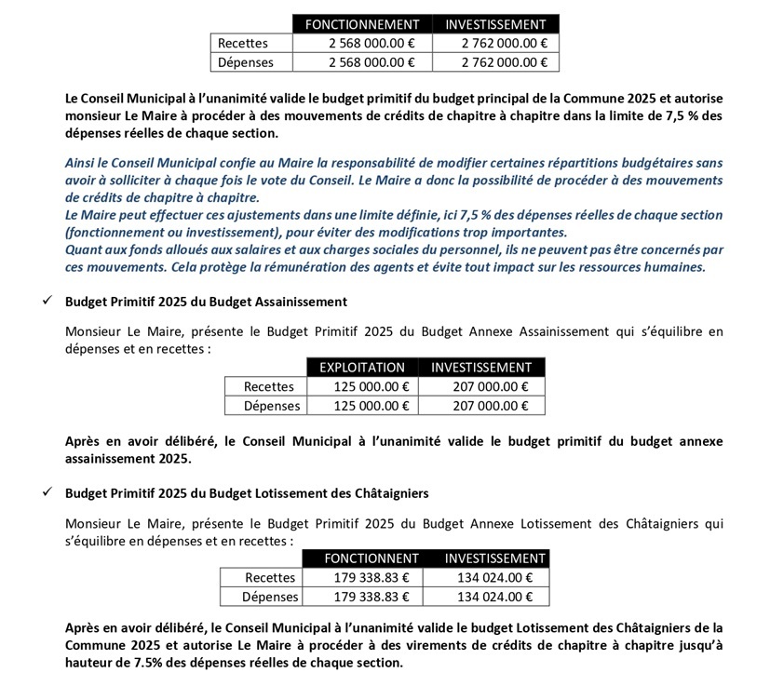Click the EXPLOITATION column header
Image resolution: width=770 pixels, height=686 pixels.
(x=362, y=368)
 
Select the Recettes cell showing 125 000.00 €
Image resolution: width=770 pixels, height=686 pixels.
(x=362, y=386)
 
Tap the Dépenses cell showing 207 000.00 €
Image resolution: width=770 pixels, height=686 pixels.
(x=481, y=406)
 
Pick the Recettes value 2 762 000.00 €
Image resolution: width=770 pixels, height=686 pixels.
(x=502, y=43)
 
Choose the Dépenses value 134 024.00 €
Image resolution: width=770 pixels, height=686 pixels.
(x=494, y=597)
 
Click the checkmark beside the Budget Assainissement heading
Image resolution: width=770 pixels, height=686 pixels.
(x=47, y=302)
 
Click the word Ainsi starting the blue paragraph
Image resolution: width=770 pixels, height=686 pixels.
(x=82, y=163)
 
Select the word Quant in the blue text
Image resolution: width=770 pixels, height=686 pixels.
(x=84, y=250)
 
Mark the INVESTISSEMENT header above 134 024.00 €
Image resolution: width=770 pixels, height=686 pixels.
(x=494, y=558)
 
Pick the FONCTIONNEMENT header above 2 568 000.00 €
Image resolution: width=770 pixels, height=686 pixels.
(x=363, y=24)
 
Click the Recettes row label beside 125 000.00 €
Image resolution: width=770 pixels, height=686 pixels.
(x=268, y=386)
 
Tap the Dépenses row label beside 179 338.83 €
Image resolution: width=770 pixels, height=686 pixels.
(x=271, y=597)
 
